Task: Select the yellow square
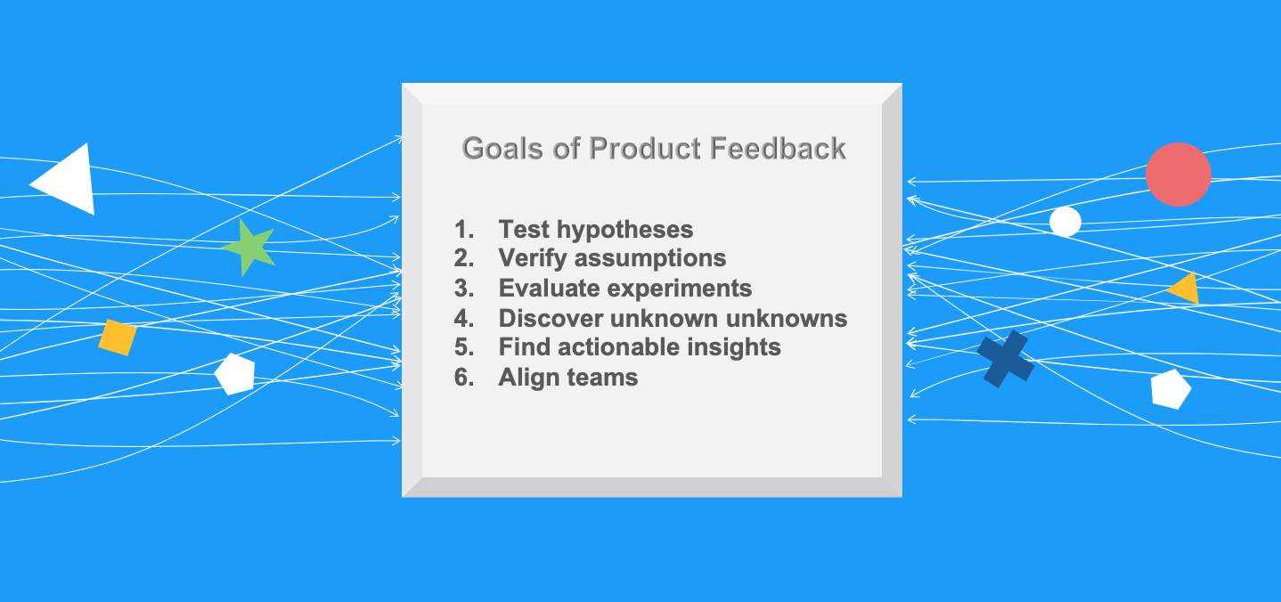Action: point(118,338)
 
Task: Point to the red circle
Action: point(1178,175)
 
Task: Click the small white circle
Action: point(1065,222)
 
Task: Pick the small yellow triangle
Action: point(1186,289)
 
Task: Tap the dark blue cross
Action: point(1006,359)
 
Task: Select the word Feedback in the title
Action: point(778,149)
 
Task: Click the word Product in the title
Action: point(645,149)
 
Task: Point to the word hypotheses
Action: point(625,231)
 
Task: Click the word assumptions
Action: point(650,258)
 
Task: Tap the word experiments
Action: point(680,289)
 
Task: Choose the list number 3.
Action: point(464,289)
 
